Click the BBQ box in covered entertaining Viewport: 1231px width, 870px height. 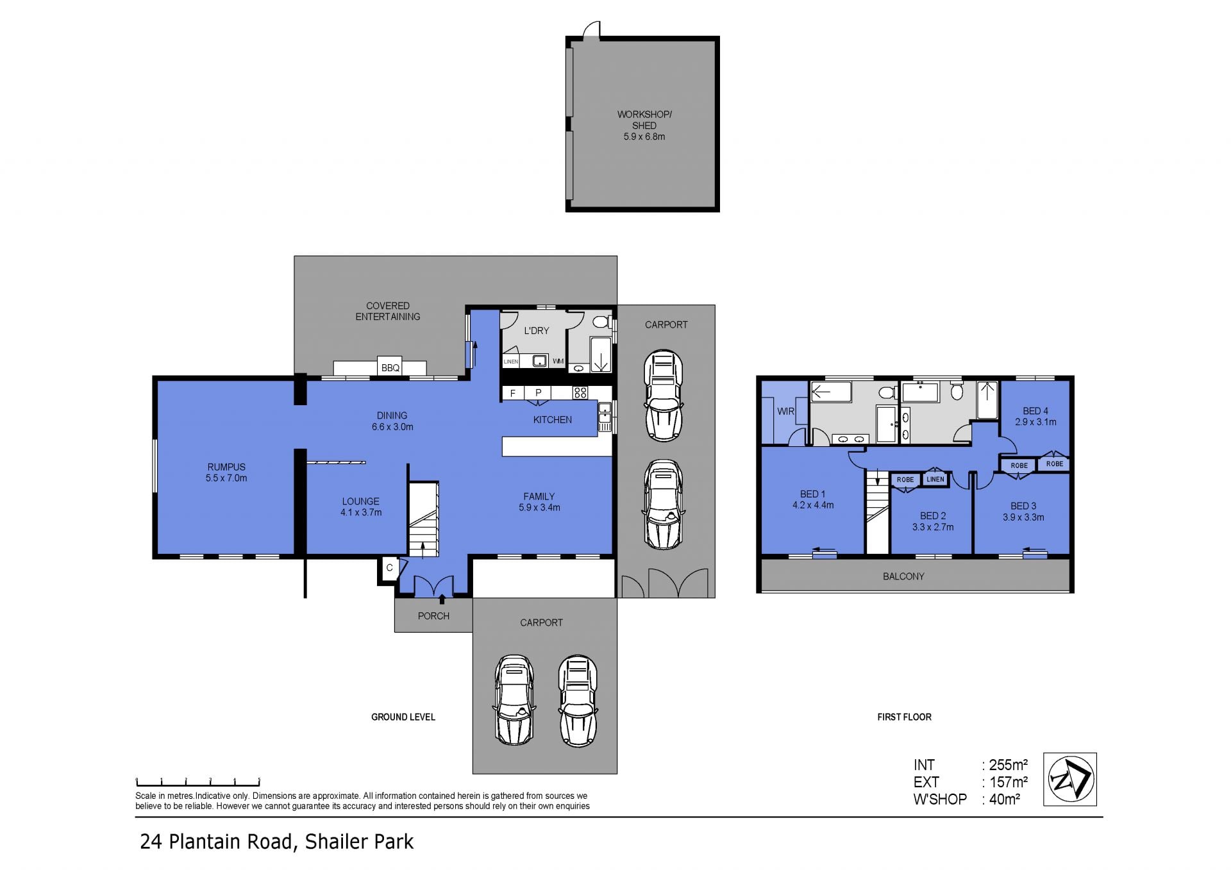coord(390,366)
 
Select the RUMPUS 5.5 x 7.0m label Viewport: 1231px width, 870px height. coord(226,473)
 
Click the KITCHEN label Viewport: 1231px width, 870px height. coord(553,420)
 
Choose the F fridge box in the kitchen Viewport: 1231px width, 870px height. coord(512,393)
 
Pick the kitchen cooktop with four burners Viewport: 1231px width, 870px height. coord(580,393)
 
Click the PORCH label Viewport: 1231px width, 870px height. coord(433,616)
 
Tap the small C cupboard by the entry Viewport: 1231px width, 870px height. coord(389,569)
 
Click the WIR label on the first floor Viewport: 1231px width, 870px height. coord(785,412)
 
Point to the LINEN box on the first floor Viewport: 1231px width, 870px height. coord(935,479)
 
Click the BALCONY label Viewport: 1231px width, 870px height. coord(903,576)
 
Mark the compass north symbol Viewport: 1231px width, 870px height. coord(1070,779)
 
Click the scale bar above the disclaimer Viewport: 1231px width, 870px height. coord(197,782)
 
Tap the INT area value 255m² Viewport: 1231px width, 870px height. coord(1008,765)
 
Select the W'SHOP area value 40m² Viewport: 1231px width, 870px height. coord(1004,799)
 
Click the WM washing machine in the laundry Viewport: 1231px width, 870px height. coord(558,362)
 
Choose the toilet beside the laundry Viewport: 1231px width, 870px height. coord(601,321)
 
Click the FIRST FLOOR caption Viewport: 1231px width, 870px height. coord(904,717)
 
